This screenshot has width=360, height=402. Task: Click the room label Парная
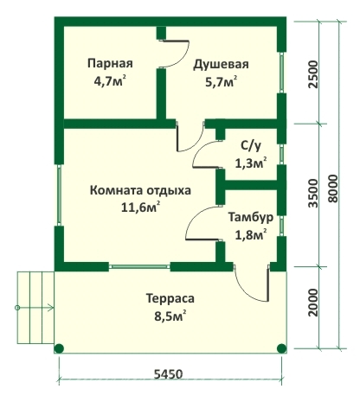pyautogui.click(x=110, y=63)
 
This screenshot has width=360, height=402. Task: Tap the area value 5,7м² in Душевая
pyautogui.click(x=222, y=82)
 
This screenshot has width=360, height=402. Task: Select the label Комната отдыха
pyautogui.click(x=140, y=191)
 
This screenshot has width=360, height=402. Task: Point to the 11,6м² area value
pyautogui.click(x=141, y=207)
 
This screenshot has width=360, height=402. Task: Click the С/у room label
pyautogui.click(x=251, y=146)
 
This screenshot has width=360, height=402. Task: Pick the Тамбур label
pyautogui.click(x=251, y=217)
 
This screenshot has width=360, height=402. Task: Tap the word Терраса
pyautogui.click(x=170, y=298)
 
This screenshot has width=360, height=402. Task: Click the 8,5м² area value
pyautogui.click(x=170, y=316)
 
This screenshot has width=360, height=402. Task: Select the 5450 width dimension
pyautogui.click(x=169, y=374)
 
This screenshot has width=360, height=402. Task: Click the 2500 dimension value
pyautogui.click(x=312, y=74)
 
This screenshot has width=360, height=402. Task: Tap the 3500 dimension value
pyautogui.click(x=312, y=193)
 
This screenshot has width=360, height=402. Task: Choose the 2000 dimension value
pyautogui.click(x=312, y=303)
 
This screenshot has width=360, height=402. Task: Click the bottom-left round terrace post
pyautogui.click(x=59, y=348)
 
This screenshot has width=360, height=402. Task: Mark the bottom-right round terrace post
pyautogui.click(x=281, y=348)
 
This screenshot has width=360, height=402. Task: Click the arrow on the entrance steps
pyautogui.click(x=35, y=308)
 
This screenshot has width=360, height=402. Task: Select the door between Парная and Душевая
pyautogui.click(x=174, y=54)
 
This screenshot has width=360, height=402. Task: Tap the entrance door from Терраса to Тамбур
pyautogui.click(x=252, y=284)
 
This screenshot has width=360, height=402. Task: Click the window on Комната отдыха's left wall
pyautogui.click(x=59, y=195)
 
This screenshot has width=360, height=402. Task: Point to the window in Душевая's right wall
pyautogui.click(x=281, y=73)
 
